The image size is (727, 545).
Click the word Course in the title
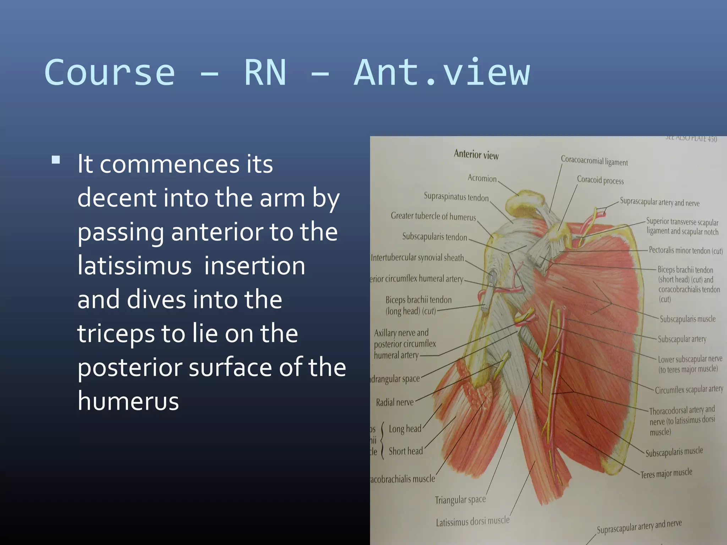pyautogui.click(x=110, y=73)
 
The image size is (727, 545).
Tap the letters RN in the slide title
pyautogui.click(x=265, y=73)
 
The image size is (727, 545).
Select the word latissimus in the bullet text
pyautogui.click(x=135, y=266)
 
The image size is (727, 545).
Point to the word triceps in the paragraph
pyautogui.click(x=116, y=334)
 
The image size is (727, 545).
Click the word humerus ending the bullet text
pyautogui.click(x=128, y=401)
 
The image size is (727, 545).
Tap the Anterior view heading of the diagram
pyautogui.click(x=476, y=155)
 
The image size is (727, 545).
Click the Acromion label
pyautogui.click(x=482, y=178)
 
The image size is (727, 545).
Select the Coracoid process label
pyautogui.click(x=600, y=180)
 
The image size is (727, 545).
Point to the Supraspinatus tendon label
pyautogui.click(x=456, y=197)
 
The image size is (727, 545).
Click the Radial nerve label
pyautogui.click(x=395, y=402)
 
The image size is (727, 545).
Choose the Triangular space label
pyautogui.click(x=460, y=500)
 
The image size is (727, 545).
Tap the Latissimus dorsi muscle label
pyautogui.click(x=472, y=521)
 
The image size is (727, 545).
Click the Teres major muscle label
pyautogui.click(x=666, y=473)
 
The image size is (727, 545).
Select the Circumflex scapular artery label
pyautogui.click(x=689, y=390)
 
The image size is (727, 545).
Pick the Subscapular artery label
pyautogui.click(x=682, y=339)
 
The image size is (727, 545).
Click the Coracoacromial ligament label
pyautogui.click(x=594, y=161)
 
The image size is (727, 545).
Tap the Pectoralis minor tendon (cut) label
pyautogui.click(x=685, y=251)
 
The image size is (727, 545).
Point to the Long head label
pyautogui.click(x=405, y=429)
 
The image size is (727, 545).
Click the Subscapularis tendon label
pyautogui.click(x=434, y=237)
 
